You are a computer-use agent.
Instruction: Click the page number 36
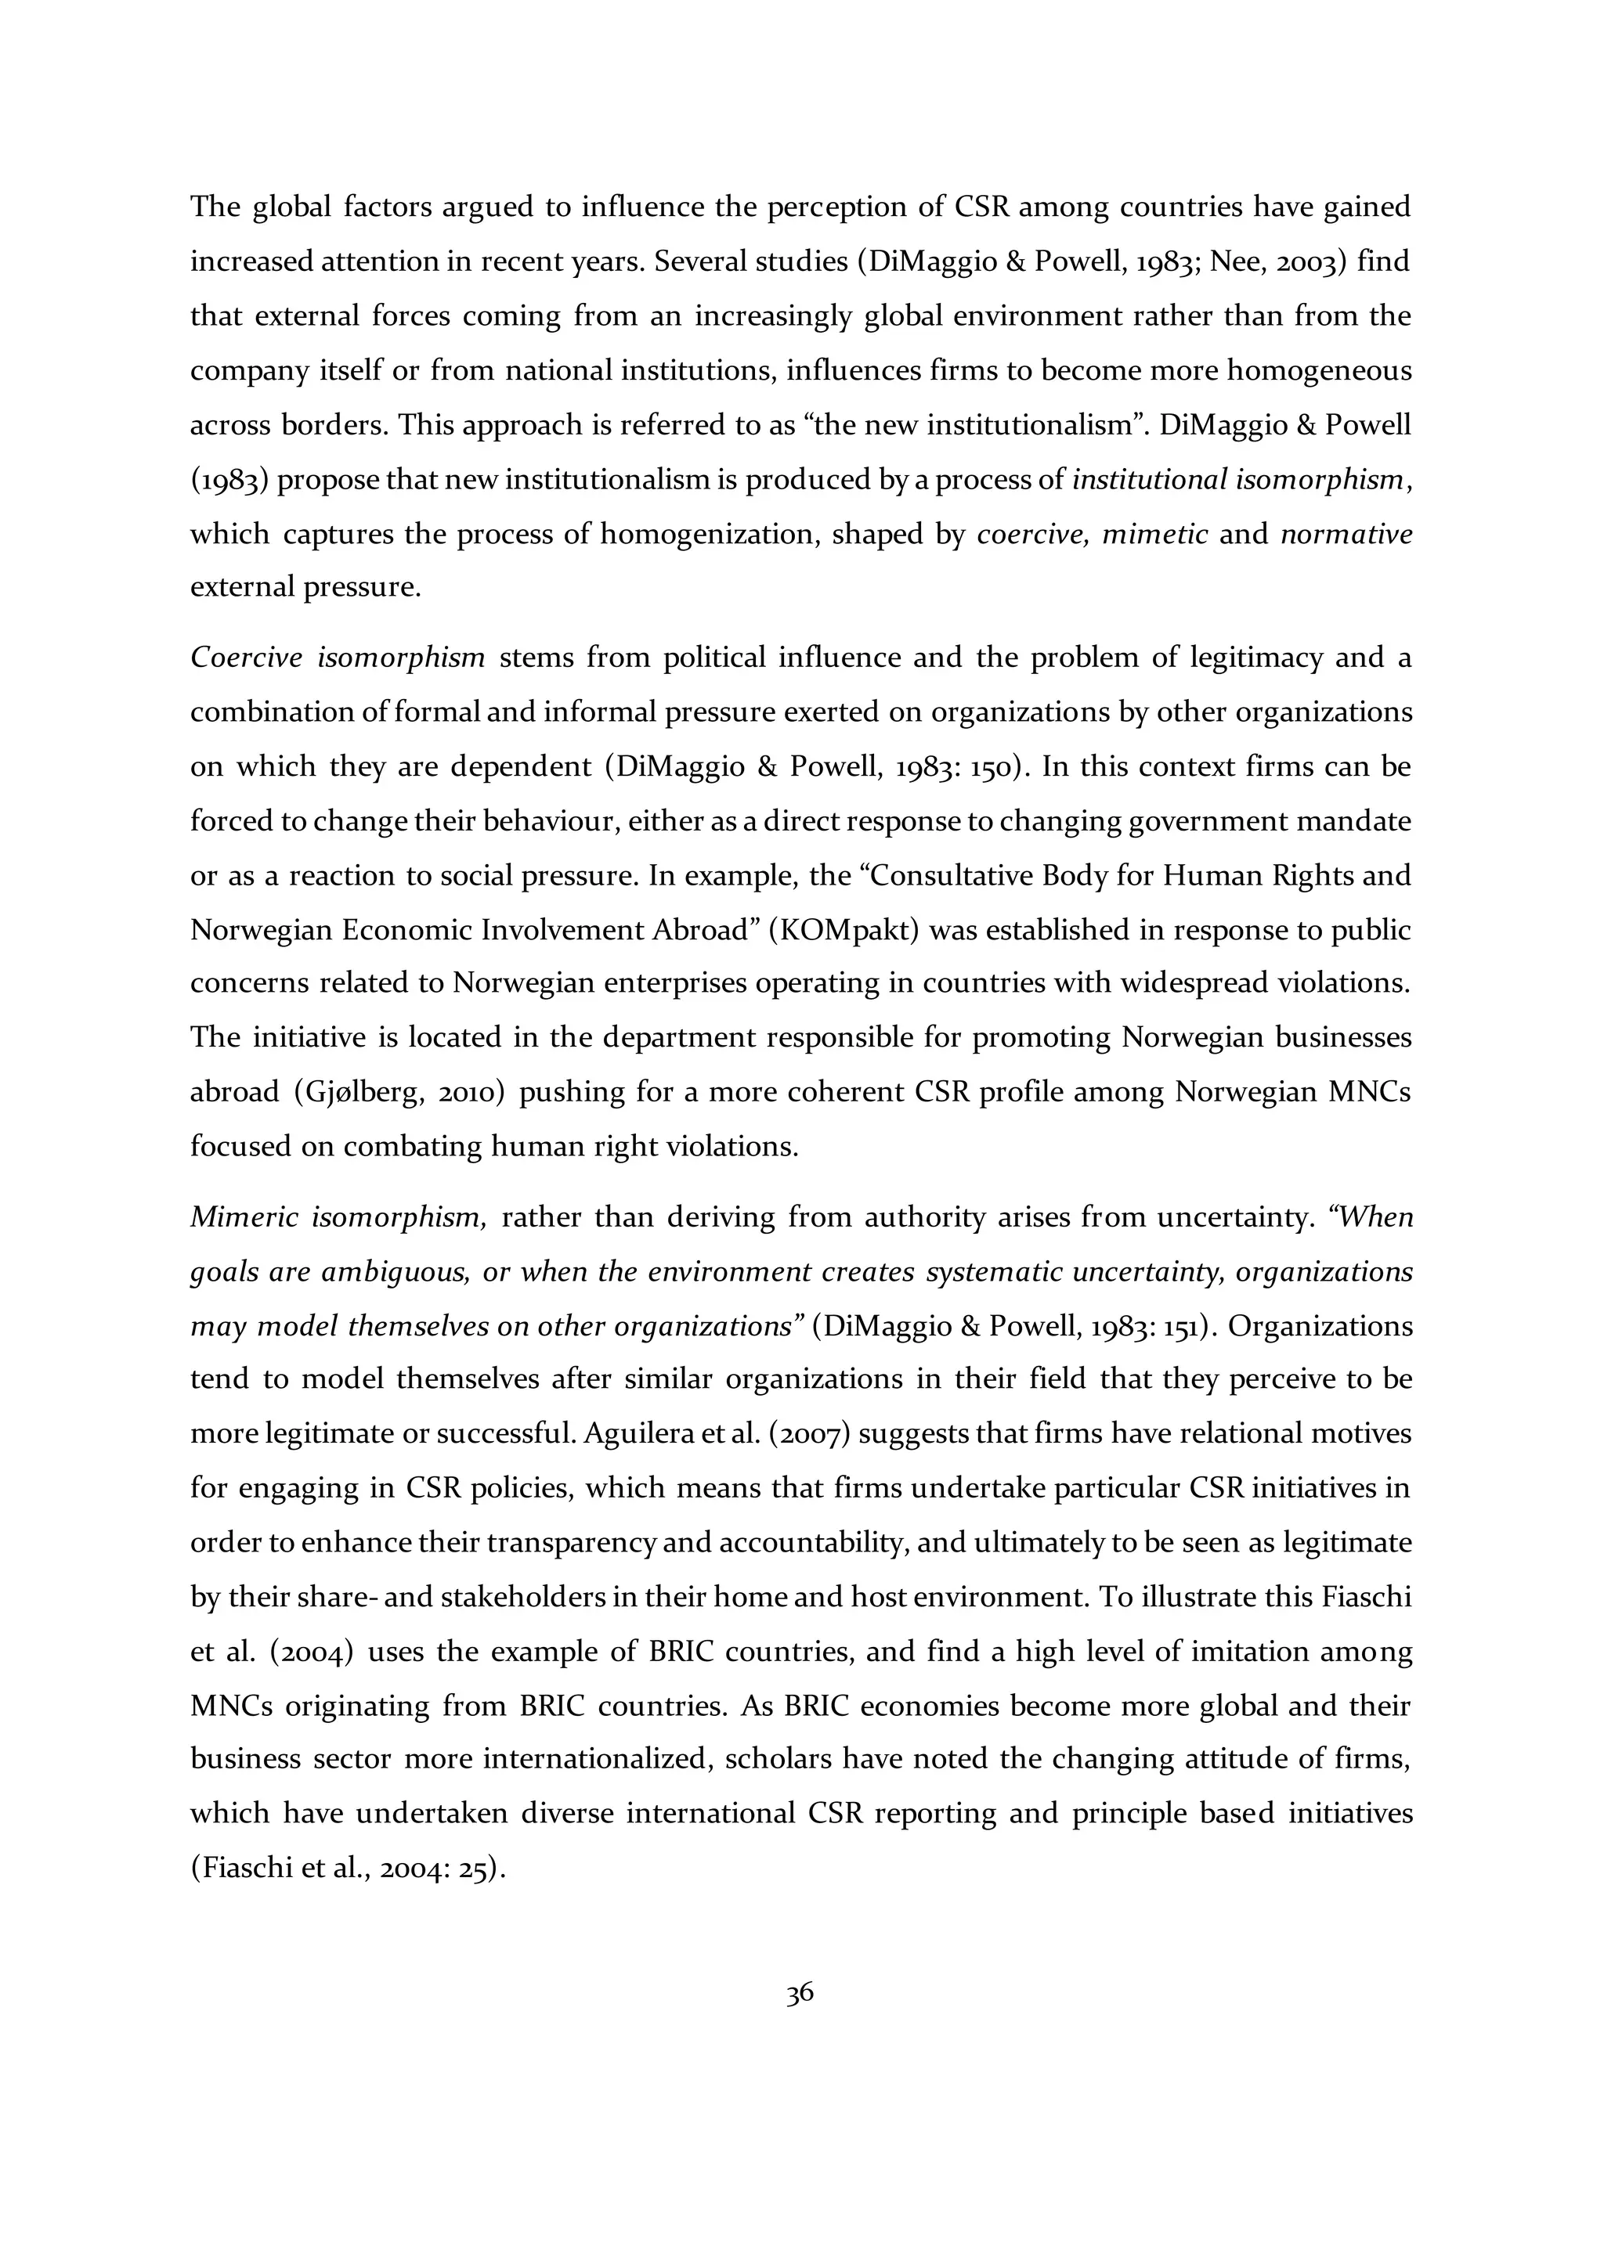pyautogui.click(x=800, y=1994)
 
